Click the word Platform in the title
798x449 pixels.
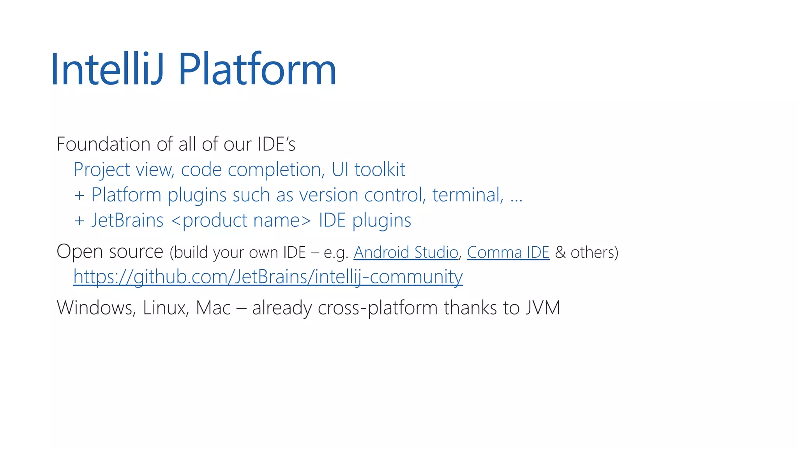coord(257,69)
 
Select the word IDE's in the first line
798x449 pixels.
coord(276,144)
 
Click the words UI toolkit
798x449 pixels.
coord(368,170)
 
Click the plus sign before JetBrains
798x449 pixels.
coord(79,221)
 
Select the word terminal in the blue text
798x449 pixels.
coord(467,195)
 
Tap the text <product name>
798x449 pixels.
coord(241,221)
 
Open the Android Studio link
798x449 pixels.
coord(406,253)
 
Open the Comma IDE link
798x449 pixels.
coord(508,253)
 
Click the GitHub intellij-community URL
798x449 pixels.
coord(268,277)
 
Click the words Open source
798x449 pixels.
coord(110,252)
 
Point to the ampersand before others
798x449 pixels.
coord(560,253)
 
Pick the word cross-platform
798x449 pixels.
coord(378,308)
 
